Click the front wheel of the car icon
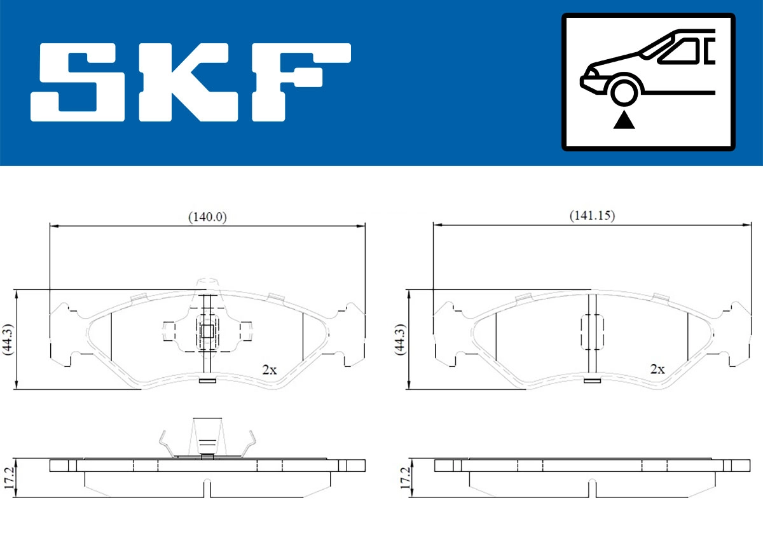point(624,90)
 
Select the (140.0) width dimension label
point(207,216)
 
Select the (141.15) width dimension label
point(591,216)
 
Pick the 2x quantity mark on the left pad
point(270,370)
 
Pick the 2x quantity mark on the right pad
point(657,369)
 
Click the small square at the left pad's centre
point(207,331)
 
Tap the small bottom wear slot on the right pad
point(593,381)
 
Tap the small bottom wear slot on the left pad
point(207,381)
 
